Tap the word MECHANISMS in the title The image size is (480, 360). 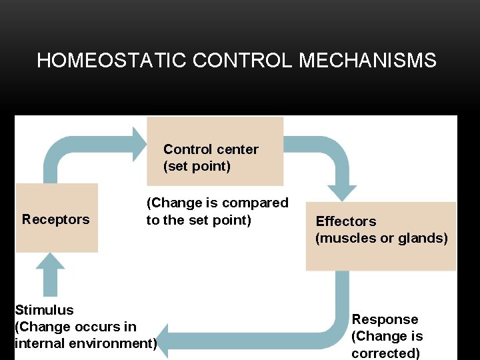click(x=368, y=61)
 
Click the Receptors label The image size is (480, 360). click(x=55, y=219)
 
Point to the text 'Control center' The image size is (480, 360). click(x=211, y=149)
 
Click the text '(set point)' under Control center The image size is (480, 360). click(x=197, y=166)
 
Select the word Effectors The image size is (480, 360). click(x=345, y=221)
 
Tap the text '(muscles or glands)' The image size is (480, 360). click(x=381, y=238)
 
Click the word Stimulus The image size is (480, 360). click(x=44, y=310)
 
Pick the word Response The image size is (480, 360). click(x=385, y=319)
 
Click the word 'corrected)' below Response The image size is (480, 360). click(x=385, y=353)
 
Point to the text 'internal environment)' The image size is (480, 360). click(x=85, y=344)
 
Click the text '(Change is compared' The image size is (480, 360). click(x=217, y=203)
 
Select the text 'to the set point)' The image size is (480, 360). click(x=199, y=220)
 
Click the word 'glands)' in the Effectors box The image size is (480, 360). click(x=423, y=238)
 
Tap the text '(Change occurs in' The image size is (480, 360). click(x=75, y=327)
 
